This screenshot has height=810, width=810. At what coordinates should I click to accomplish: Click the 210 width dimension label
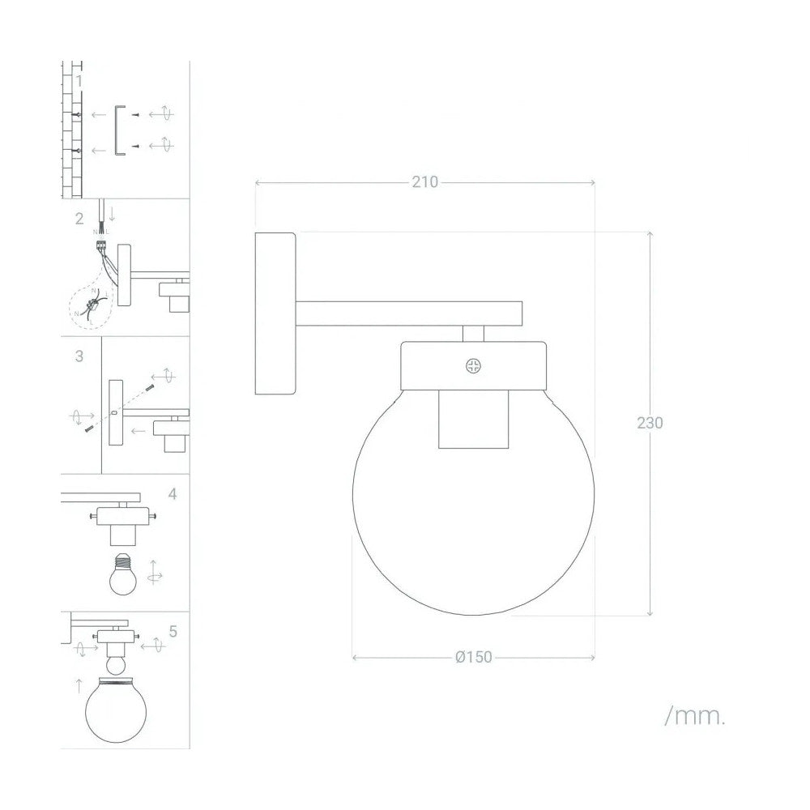[424, 182]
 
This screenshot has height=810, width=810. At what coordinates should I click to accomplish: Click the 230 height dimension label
[650, 423]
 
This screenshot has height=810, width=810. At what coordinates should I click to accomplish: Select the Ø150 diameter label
[474, 657]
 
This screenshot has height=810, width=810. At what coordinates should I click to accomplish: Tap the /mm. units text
[694, 716]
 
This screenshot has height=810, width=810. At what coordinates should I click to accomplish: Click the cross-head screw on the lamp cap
[473, 365]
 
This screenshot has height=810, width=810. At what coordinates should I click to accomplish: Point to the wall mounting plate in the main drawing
[275, 313]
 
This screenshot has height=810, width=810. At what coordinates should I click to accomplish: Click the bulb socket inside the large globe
[474, 419]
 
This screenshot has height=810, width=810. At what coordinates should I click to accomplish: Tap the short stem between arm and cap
[474, 333]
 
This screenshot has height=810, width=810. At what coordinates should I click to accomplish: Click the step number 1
[79, 81]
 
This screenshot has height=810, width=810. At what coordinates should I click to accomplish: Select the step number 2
[79, 218]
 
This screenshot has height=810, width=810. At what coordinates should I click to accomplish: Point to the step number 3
[79, 356]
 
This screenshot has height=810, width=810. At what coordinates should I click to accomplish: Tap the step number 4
[173, 493]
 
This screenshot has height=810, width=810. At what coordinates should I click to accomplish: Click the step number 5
[173, 630]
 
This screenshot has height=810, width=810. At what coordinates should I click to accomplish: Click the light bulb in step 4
[124, 573]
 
